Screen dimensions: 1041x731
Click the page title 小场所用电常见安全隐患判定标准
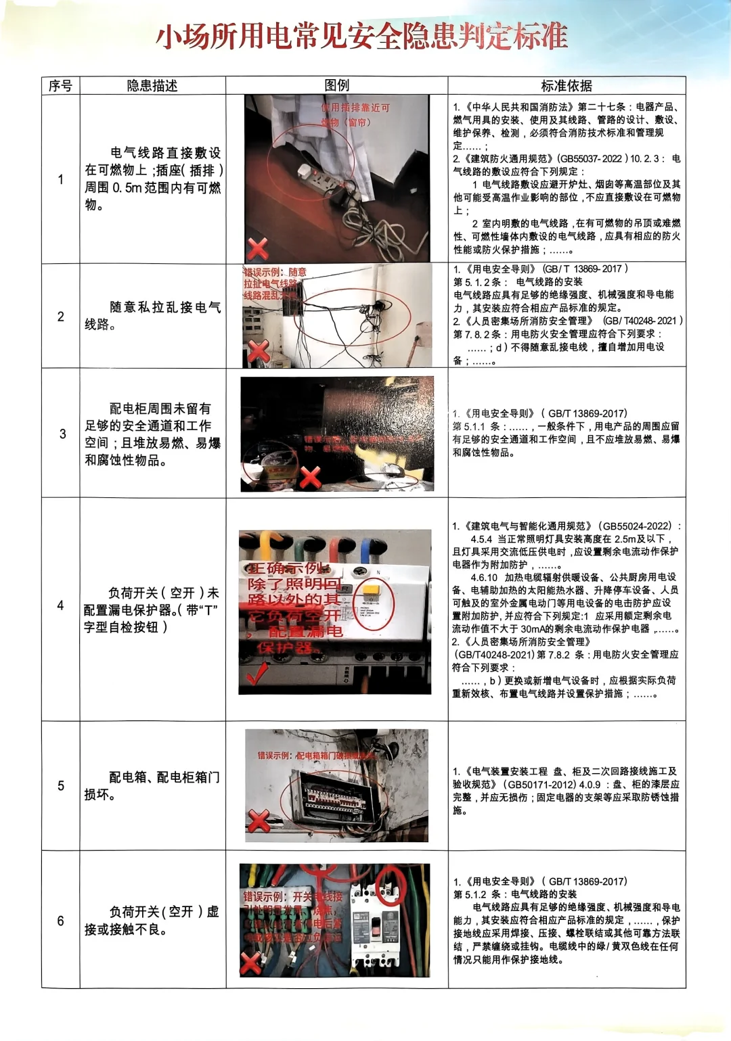(362, 37)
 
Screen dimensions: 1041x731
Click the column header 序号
(60, 86)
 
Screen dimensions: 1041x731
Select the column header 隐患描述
(152, 86)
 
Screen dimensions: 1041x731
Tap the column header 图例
(336, 85)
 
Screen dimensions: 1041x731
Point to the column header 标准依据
(566, 86)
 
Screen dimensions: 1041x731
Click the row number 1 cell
(60, 179)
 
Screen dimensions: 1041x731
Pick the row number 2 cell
(60, 317)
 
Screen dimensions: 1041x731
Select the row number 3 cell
(62, 434)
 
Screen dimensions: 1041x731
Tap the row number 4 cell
(60, 605)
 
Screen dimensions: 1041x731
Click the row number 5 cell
(60, 785)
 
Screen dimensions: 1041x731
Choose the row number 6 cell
(60, 921)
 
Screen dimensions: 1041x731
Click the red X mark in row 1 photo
(257, 249)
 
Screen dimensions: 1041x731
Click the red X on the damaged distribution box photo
(259, 821)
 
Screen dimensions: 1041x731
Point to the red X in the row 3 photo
(310, 477)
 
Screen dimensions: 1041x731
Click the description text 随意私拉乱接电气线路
(152, 316)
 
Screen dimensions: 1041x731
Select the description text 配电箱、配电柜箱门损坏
(152, 785)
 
